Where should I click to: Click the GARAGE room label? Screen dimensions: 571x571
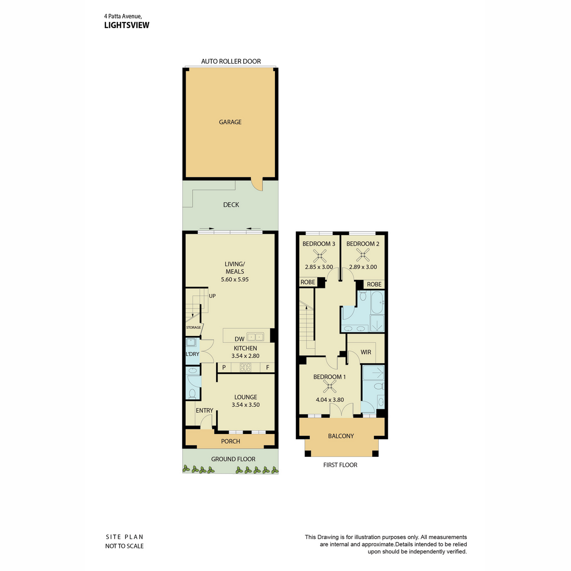click(230, 122)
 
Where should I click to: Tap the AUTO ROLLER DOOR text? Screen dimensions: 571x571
click(231, 61)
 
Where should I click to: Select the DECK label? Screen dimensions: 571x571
click(231, 205)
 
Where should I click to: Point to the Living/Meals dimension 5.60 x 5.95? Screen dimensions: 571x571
click(235, 279)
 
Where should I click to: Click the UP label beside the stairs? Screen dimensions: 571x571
click(212, 296)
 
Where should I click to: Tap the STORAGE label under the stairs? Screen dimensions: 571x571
click(193, 327)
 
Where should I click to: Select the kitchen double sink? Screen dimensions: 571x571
click(255, 337)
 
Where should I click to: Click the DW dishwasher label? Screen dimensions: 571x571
click(239, 339)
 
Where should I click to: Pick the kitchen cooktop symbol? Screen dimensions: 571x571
click(246, 367)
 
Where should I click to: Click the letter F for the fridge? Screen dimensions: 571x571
click(267, 367)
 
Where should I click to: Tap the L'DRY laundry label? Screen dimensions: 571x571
click(193, 354)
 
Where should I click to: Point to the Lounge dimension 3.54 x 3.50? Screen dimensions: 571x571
click(246, 405)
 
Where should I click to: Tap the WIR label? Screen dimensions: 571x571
click(365, 352)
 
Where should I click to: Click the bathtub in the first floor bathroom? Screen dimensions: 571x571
click(377, 303)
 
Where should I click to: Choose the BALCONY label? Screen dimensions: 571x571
click(341, 436)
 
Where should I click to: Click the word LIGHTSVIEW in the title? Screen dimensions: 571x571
click(127, 25)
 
